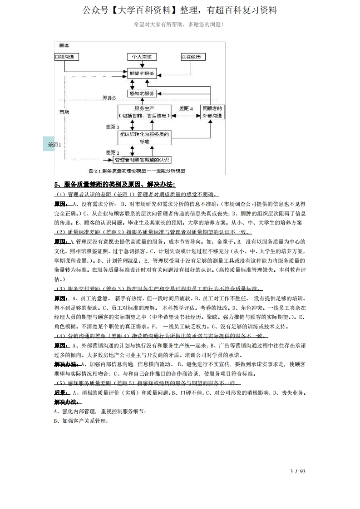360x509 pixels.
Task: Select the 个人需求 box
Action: point(142,57)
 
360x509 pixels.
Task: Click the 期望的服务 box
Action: point(142,73)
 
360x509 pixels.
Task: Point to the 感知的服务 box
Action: point(142,93)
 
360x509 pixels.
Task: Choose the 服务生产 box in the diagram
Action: point(144,112)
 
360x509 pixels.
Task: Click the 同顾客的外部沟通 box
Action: point(212,112)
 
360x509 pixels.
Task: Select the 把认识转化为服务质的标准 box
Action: point(144,137)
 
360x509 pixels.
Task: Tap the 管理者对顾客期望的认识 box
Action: point(142,160)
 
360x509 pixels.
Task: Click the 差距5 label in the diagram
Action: point(109,98)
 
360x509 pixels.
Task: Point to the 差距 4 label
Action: point(186,108)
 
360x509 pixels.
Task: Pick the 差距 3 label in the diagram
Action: point(112,127)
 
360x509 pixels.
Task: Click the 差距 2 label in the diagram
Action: point(112,152)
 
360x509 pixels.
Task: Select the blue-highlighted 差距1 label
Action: point(54,144)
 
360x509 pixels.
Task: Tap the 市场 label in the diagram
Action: point(64,111)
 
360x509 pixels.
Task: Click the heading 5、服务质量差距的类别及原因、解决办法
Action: point(114,184)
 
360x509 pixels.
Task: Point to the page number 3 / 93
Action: point(297,470)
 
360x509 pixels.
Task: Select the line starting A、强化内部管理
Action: point(99,411)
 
